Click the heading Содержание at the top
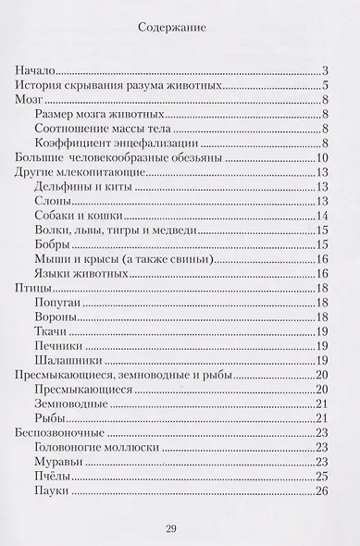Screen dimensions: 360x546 pos(180,29)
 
